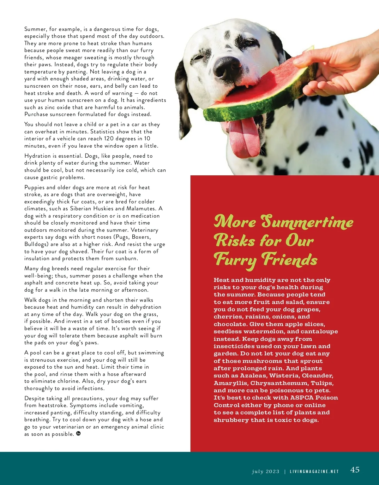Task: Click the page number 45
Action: point(355,470)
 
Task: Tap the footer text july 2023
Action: point(266,471)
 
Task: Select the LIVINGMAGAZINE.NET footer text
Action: point(314,471)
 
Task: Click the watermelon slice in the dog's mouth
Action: point(259,91)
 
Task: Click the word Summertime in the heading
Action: point(307,222)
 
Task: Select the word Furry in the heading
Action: point(235,260)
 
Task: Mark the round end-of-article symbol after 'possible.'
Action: point(78,434)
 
